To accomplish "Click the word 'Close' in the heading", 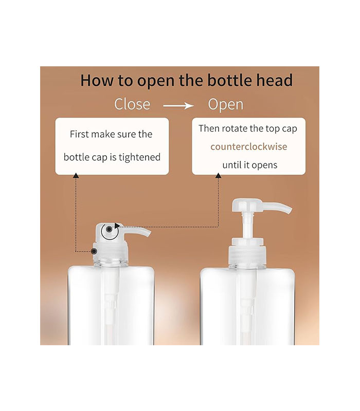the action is pyautogui.click(x=132, y=104).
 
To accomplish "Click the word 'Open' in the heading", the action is pyautogui.click(x=226, y=105).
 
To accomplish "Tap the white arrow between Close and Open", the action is pyautogui.click(x=178, y=106).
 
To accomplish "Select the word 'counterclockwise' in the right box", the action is pyautogui.click(x=249, y=146).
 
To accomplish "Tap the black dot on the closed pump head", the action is pyautogui.click(x=109, y=229).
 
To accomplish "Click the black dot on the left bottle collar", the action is pyautogui.click(x=94, y=251).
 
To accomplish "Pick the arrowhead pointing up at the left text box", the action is pyautogui.click(x=76, y=176).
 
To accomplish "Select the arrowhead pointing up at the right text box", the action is pyautogui.click(x=218, y=176).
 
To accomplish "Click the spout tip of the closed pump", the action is pyautogui.click(x=149, y=234).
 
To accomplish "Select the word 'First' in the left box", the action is pyautogui.click(x=79, y=134).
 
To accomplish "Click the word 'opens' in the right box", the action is pyautogui.click(x=264, y=165).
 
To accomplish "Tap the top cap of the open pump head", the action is pyautogui.click(x=247, y=205).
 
